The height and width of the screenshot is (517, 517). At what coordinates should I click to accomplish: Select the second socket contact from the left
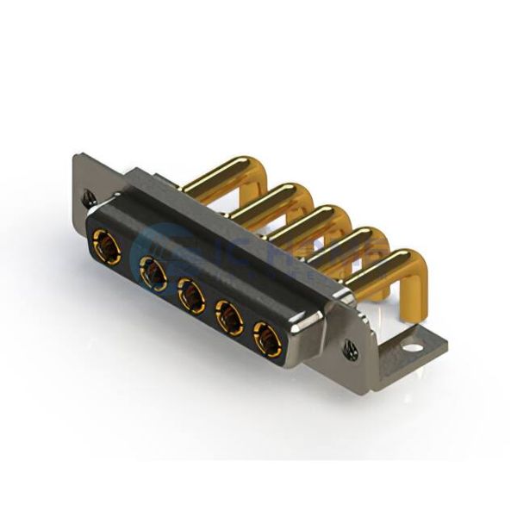pos(153,275)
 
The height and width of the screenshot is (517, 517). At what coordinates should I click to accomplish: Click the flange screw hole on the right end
pos(351,349)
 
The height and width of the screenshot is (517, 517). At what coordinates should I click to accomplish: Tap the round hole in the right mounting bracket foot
pos(414,350)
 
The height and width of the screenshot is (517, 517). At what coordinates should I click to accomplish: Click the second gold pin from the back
pos(263,200)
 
